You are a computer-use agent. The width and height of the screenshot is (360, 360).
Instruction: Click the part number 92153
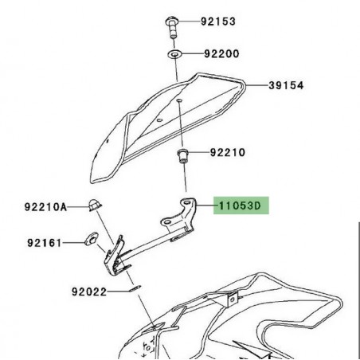point(217,22)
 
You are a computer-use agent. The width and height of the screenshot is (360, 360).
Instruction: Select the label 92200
point(220,56)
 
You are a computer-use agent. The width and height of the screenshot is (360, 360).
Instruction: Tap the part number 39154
point(284,85)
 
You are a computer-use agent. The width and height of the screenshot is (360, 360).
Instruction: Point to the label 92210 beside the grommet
point(228,151)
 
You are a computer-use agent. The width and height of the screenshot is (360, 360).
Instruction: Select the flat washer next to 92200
point(174,56)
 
